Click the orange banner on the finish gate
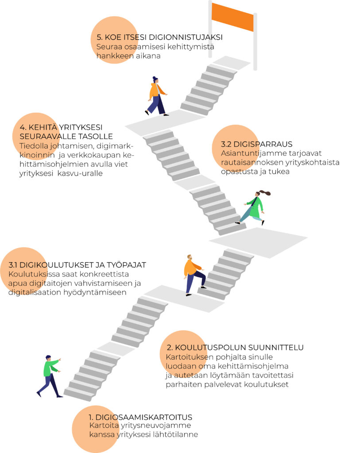tap(232, 16)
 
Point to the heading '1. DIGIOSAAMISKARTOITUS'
tap(140, 417)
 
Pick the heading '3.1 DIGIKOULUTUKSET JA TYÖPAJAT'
tap(77, 265)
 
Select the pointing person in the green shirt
tap(50, 375)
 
